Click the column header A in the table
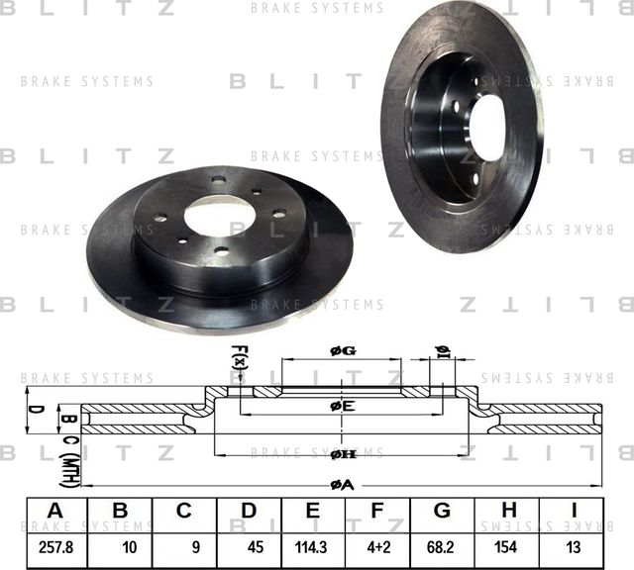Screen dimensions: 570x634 [x=55, y=511]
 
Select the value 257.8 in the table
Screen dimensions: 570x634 [x=55, y=545]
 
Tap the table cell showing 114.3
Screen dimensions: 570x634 [x=312, y=545]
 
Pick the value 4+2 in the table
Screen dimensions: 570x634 [x=376, y=545]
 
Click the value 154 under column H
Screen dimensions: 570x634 [x=507, y=545]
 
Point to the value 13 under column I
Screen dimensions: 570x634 [x=573, y=545]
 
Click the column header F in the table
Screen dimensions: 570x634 [x=376, y=511]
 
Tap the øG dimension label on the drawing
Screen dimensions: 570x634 [x=342, y=350]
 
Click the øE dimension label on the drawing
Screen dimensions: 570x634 [x=342, y=406]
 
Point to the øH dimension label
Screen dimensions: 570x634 [x=343, y=452]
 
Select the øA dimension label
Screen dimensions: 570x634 [x=342, y=483]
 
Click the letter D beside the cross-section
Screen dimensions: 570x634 [x=34, y=407]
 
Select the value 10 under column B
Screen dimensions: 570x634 [x=120, y=545]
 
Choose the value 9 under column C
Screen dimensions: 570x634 [x=184, y=545]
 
